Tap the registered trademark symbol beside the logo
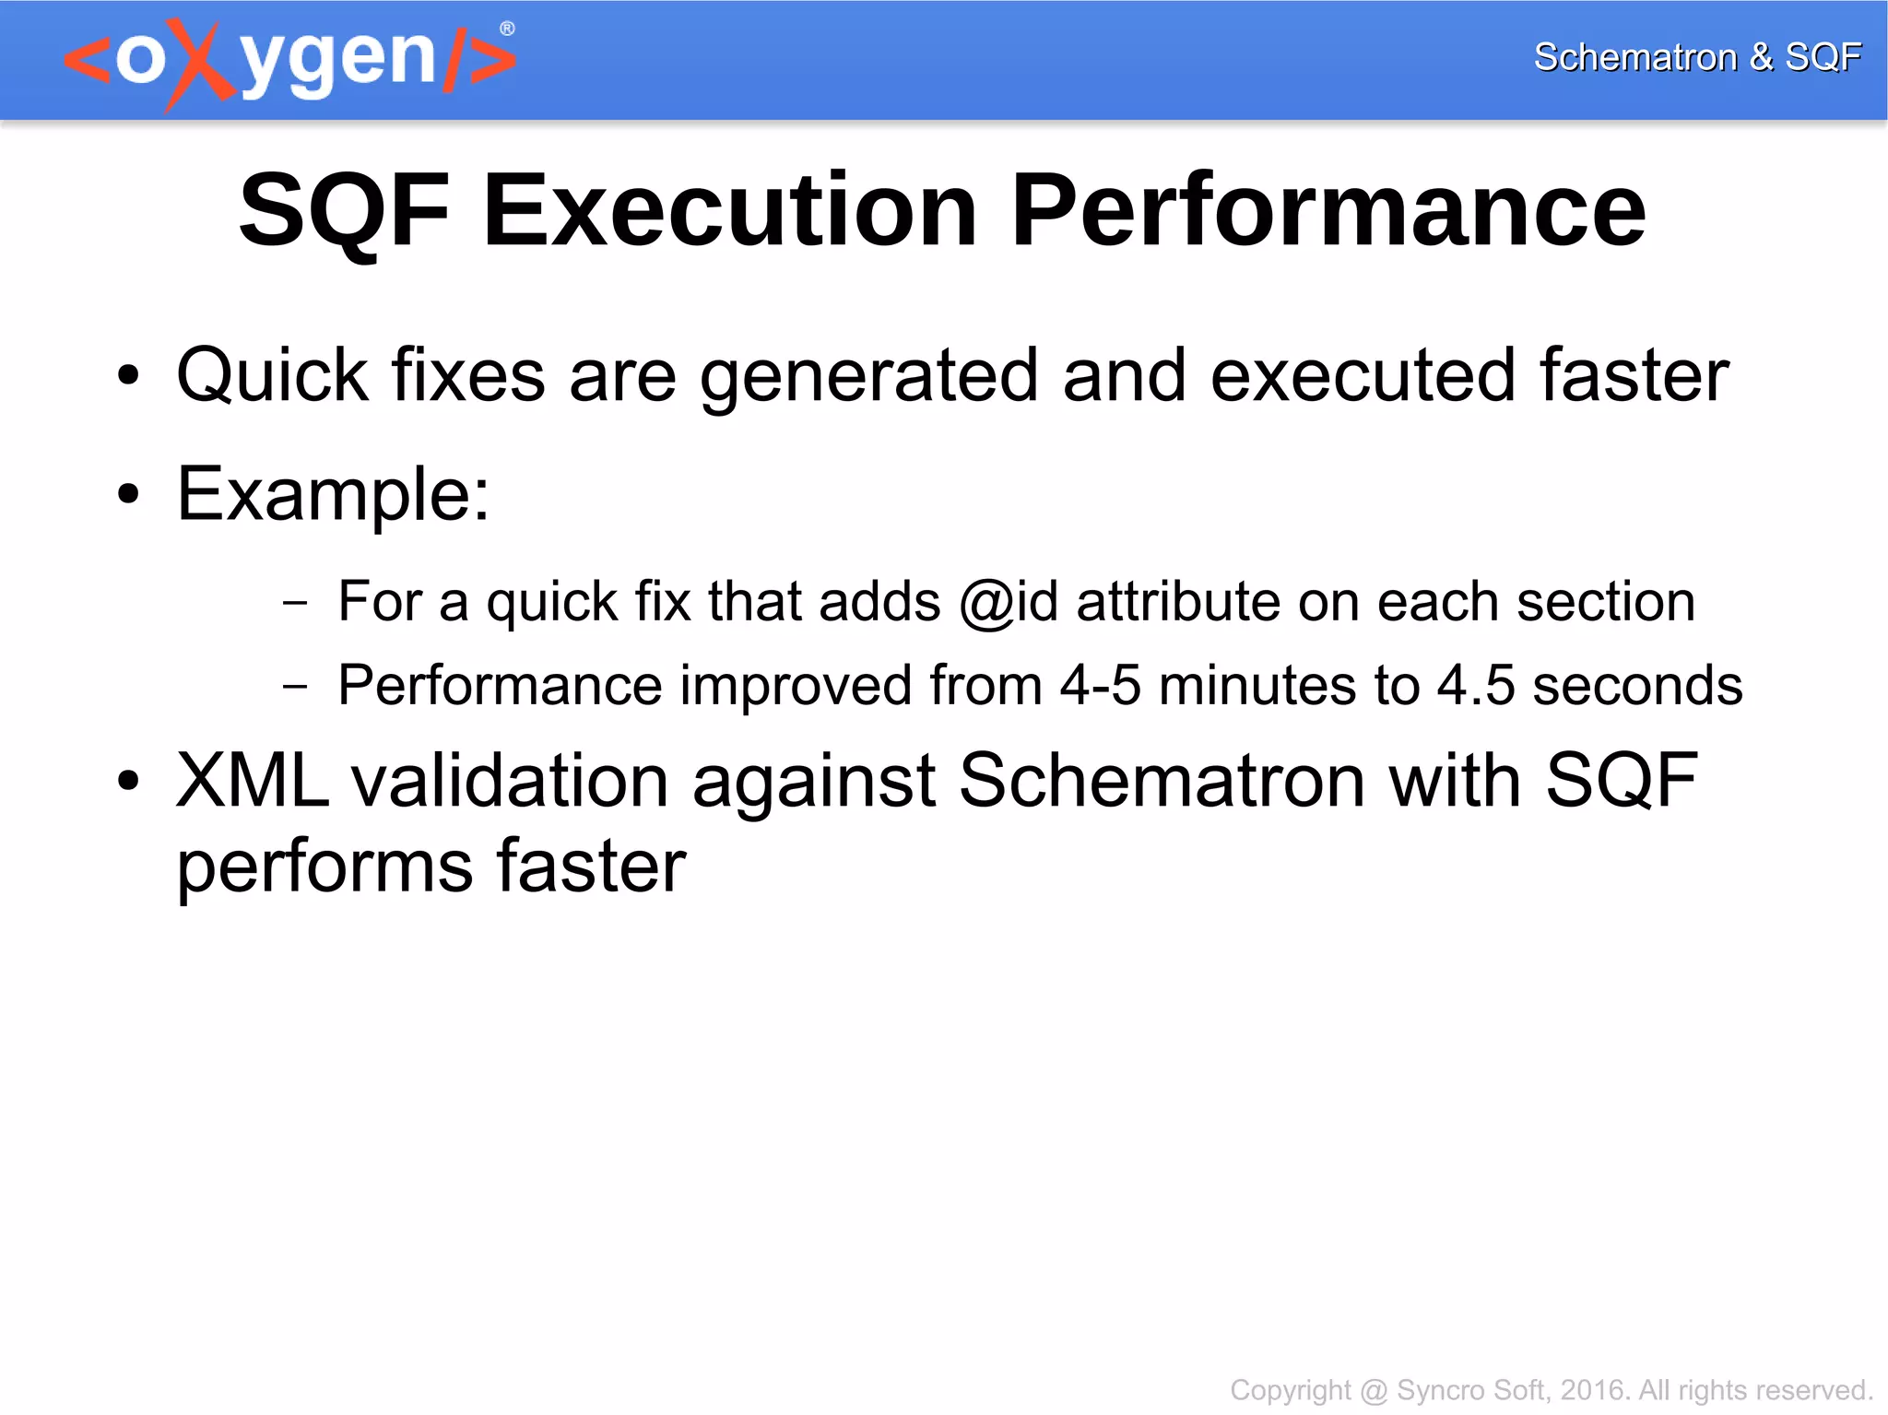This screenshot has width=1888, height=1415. (507, 29)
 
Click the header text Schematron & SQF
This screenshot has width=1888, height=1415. (1696, 57)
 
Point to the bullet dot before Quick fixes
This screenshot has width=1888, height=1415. (128, 376)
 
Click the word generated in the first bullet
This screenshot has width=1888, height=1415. (869, 376)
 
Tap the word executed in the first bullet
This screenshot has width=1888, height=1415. (1363, 376)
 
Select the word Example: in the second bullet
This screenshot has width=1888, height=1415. (333, 495)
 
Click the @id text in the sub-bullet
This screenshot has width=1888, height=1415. (1009, 602)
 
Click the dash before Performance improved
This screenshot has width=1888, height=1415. (295, 686)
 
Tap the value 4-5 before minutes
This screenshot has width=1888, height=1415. (1100, 686)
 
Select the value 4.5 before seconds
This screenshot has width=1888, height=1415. (1476, 686)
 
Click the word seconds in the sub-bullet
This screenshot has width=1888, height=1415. (1637, 686)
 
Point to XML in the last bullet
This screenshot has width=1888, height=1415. (253, 781)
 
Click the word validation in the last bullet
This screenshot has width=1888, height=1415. (510, 781)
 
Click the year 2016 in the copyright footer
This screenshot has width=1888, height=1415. (1592, 1389)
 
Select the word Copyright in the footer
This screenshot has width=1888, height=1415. (1290, 1389)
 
